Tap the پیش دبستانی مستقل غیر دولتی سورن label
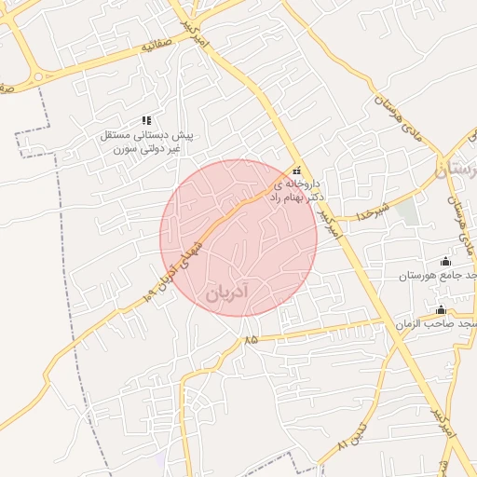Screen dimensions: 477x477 (147, 142)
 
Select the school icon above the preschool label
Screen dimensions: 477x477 (146, 120)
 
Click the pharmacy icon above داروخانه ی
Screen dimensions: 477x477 (297, 170)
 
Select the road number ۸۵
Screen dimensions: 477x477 (251, 342)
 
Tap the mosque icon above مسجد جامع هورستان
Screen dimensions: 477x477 (445, 261)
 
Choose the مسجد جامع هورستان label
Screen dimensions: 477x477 (438, 276)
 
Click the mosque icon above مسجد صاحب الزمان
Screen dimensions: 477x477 (441, 308)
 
